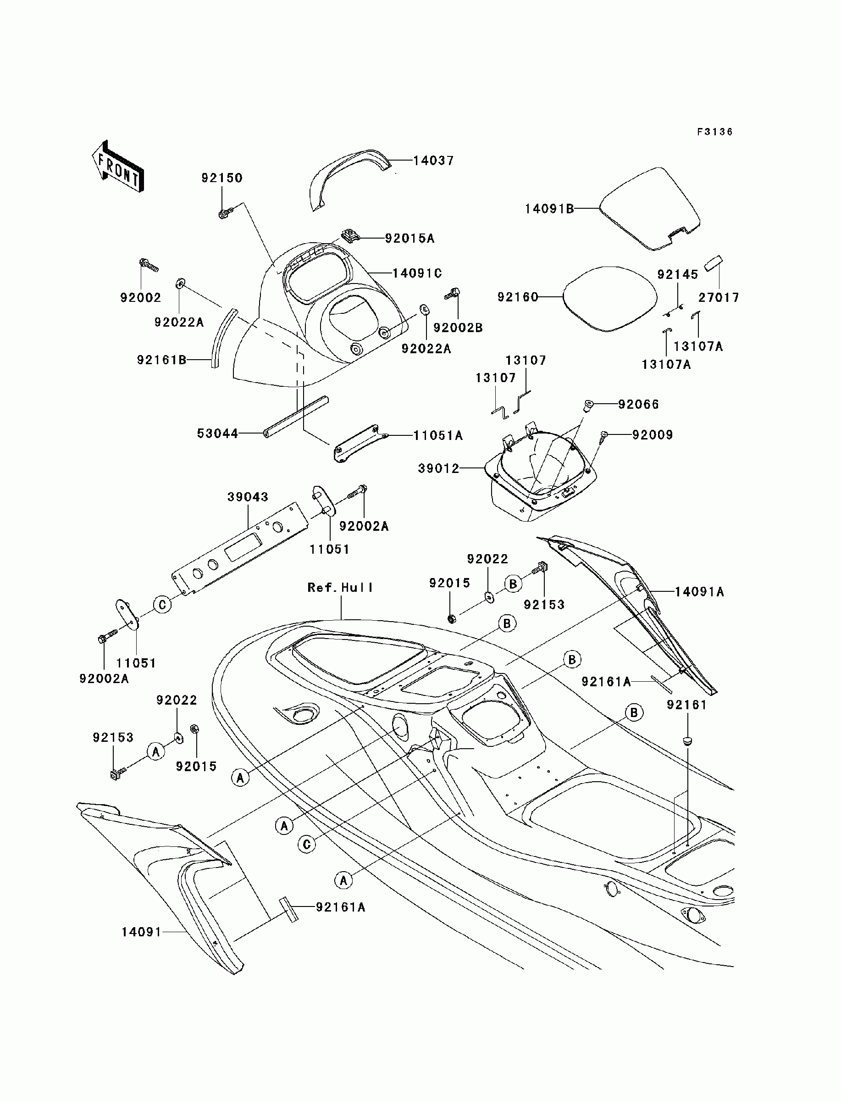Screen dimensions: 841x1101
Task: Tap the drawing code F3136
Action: click(715, 132)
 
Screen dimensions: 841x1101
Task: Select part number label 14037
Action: click(433, 161)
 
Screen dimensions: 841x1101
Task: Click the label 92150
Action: click(222, 178)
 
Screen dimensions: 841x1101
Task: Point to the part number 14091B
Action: click(549, 209)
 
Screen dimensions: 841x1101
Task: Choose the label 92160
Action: click(517, 297)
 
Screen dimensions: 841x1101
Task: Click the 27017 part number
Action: click(719, 297)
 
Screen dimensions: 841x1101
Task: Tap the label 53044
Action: click(217, 433)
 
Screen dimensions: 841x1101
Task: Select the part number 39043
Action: click(248, 497)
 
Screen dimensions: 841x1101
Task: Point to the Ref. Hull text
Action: click(340, 587)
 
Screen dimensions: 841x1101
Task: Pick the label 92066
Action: click(639, 404)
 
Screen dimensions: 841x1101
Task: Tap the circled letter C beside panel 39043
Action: click(162, 605)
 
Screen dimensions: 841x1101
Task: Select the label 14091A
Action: click(699, 592)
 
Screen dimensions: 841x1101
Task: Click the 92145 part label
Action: click(678, 274)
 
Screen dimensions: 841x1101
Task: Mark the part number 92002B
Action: click(458, 328)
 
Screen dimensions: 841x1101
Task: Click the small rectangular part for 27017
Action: click(714, 263)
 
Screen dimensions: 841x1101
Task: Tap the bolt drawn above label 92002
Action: click(149, 265)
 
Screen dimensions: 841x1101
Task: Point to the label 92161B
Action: click(161, 360)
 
